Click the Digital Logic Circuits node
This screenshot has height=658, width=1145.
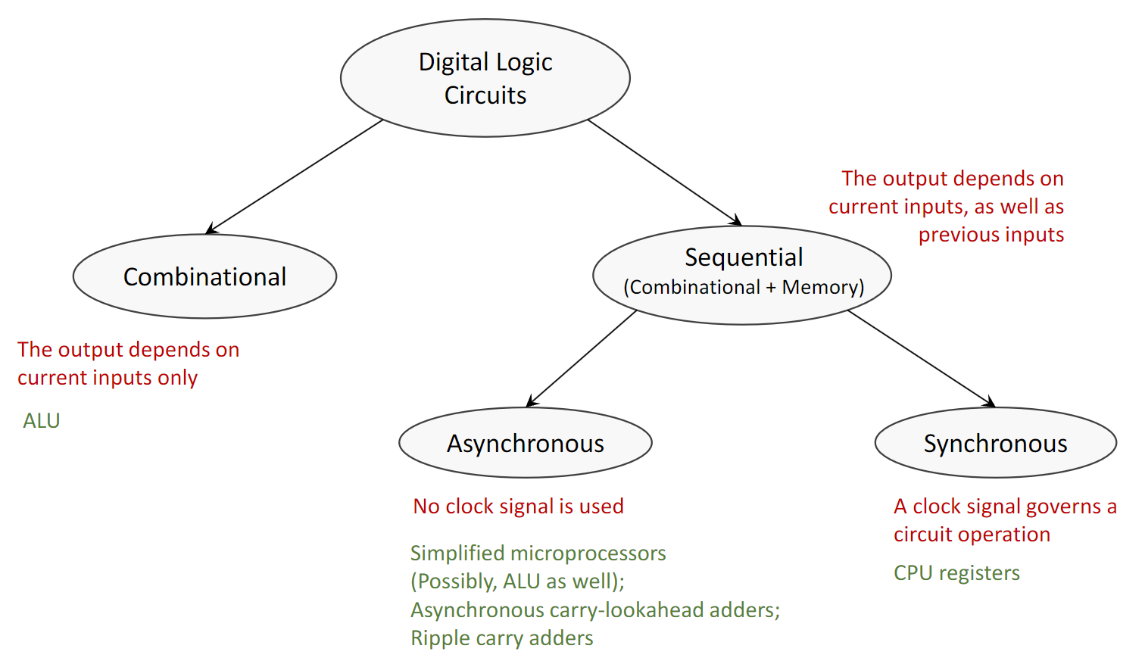(x=485, y=78)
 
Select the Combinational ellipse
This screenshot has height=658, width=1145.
(x=204, y=276)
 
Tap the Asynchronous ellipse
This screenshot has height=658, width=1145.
(x=525, y=443)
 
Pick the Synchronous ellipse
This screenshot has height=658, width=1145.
(x=995, y=443)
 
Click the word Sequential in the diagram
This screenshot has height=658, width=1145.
(x=744, y=257)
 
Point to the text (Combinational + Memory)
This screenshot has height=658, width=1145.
(x=744, y=288)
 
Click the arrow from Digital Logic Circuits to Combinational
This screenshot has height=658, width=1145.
(x=295, y=176)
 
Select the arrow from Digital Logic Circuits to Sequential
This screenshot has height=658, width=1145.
(x=663, y=172)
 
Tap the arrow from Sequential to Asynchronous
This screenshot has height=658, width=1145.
(x=582, y=359)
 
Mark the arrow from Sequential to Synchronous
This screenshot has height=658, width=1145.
(x=921, y=358)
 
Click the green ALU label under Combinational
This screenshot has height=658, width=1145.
(x=42, y=421)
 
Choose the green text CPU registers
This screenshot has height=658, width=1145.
(x=956, y=573)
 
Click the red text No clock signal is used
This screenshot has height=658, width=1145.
(x=518, y=507)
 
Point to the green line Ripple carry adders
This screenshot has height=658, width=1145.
(x=501, y=638)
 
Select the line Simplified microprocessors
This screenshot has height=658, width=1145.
(x=538, y=554)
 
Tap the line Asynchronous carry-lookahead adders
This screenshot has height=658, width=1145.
(x=594, y=610)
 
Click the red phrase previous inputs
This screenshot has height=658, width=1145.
(x=991, y=235)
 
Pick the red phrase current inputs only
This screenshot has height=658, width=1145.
(x=108, y=378)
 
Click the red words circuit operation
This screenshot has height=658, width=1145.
(x=972, y=535)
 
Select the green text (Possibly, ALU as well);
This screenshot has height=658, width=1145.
(x=517, y=582)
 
